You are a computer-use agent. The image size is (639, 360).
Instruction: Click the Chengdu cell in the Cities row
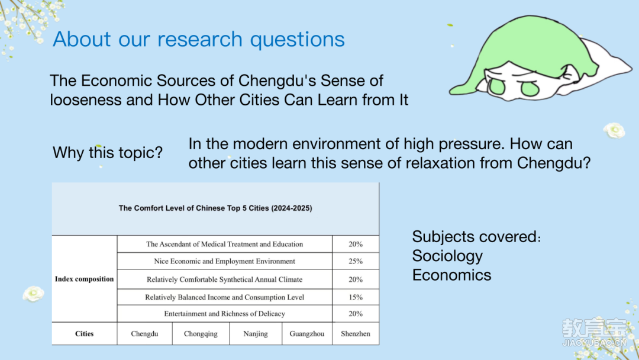coord(145,333)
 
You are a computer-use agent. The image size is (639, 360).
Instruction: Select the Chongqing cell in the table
coord(201,333)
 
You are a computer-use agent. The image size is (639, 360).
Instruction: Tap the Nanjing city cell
coord(256,333)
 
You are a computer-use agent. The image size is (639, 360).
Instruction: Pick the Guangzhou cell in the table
coord(307,333)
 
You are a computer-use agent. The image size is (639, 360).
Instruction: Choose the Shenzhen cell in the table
coord(356,333)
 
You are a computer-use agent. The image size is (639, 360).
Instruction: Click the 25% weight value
coord(356,261)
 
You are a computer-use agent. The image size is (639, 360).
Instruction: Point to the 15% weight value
coord(356,297)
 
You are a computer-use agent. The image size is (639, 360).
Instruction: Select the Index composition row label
coord(85,279)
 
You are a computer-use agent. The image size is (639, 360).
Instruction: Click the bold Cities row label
coord(85,333)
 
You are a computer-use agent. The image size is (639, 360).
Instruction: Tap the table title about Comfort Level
coord(215,208)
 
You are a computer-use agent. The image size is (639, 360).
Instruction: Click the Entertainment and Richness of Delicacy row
coord(225,314)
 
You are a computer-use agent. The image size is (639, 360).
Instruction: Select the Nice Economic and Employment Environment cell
coord(225,261)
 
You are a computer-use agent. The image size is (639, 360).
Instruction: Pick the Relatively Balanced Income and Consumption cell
coord(225,297)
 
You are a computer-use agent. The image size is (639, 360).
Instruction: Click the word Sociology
coord(447,256)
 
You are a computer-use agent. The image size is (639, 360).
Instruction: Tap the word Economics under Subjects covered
coord(451,275)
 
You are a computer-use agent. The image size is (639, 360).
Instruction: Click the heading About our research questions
coord(199,39)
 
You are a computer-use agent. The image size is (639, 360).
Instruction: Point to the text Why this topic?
coord(108,153)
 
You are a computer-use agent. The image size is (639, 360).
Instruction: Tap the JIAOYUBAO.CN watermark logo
coord(594,332)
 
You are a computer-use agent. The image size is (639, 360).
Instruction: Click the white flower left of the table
coord(33,294)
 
